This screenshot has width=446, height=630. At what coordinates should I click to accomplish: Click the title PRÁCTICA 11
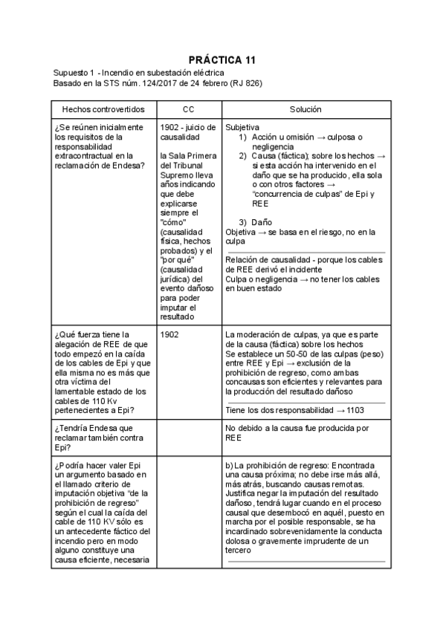(x=222, y=59)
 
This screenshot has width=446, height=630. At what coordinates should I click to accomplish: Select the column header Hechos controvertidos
(x=103, y=109)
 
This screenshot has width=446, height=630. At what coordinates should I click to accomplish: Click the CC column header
(x=188, y=109)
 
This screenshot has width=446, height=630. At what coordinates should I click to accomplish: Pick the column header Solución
(x=306, y=109)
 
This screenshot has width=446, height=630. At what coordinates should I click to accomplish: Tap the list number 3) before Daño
(x=242, y=222)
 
